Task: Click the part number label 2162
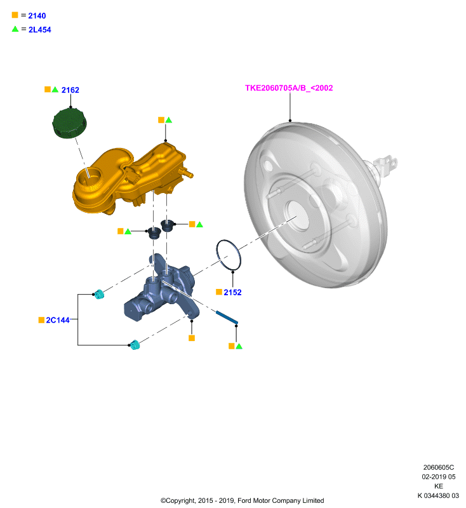(x=70, y=90)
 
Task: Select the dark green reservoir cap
(x=70, y=123)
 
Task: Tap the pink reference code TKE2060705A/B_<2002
(x=289, y=88)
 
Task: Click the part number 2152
(x=232, y=292)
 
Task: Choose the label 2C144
(x=58, y=320)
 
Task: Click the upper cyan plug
(x=99, y=294)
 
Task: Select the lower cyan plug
(x=135, y=345)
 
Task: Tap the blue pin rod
(x=227, y=317)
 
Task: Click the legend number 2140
(x=37, y=15)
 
